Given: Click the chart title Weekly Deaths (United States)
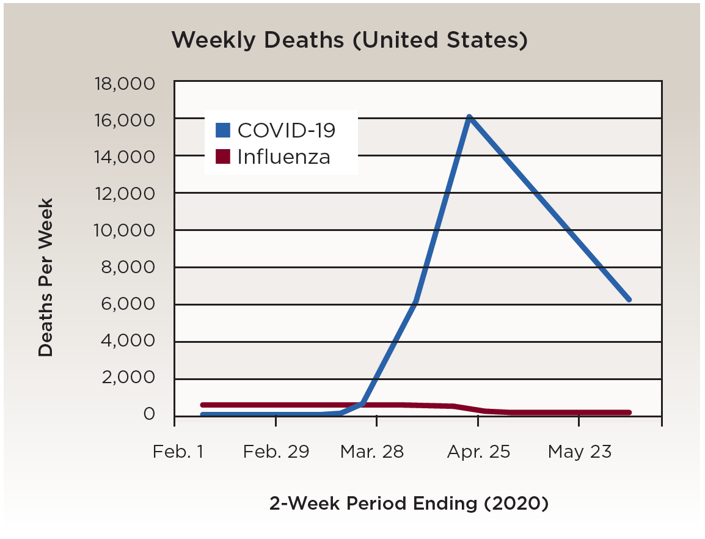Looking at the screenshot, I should pyautogui.click(x=349, y=40).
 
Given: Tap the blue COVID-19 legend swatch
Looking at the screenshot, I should pyautogui.click(x=223, y=130).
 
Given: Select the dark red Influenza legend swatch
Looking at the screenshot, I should pyautogui.click(x=223, y=156).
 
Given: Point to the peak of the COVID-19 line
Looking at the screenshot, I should pyautogui.click(x=469, y=117).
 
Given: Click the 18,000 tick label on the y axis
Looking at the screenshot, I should pyautogui.click(x=124, y=83).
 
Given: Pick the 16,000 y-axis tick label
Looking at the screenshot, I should pyautogui.click(x=124, y=120).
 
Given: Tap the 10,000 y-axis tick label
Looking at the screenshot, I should pyautogui.click(x=124, y=231).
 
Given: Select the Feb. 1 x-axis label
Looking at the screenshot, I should pyautogui.click(x=179, y=452).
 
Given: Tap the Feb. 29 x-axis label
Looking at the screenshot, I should pyautogui.click(x=276, y=452).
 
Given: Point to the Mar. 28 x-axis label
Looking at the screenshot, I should pyautogui.click(x=372, y=452).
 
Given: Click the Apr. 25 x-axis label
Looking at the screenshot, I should pyautogui.click(x=478, y=452).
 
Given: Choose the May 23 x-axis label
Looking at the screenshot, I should pyautogui.click(x=579, y=452).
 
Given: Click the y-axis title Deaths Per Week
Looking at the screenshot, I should pyautogui.click(x=46, y=277).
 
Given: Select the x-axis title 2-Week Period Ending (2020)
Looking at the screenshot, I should pyautogui.click(x=409, y=504).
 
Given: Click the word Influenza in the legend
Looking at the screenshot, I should pyautogui.click(x=283, y=157).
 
